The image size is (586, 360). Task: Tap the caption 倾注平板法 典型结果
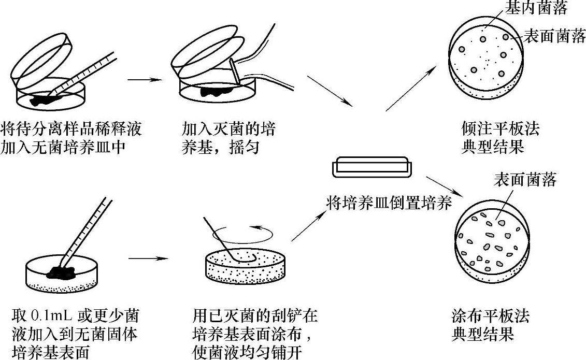point(500,138)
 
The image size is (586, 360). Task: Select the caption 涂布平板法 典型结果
point(490,325)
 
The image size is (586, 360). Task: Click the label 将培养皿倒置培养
point(389,204)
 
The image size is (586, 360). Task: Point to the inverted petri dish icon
point(372,166)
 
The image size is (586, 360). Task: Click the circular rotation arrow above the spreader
point(243,234)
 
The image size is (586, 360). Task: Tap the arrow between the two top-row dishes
point(145,80)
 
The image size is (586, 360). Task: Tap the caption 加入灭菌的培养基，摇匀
point(228,138)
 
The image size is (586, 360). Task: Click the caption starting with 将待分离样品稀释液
point(71,138)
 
